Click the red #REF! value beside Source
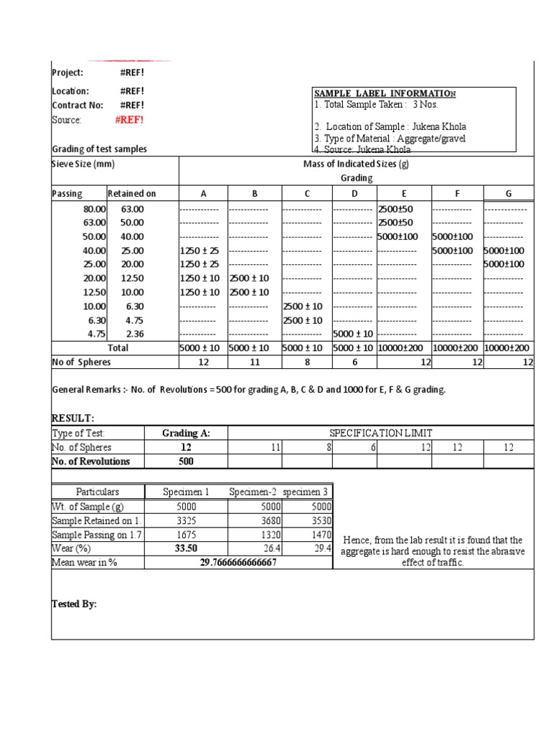(x=129, y=120)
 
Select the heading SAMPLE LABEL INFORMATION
(x=385, y=94)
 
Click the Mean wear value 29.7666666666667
(x=238, y=563)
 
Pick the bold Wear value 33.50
(x=185, y=548)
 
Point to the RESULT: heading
(x=73, y=418)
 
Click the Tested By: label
(x=74, y=604)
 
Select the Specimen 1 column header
(x=186, y=492)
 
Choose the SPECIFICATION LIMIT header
(x=381, y=433)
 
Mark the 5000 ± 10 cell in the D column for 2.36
(x=353, y=334)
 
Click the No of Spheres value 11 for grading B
(x=253, y=362)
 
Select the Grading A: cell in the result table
(x=185, y=433)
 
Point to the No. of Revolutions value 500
(x=185, y=461)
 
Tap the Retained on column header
(x=131, y=193)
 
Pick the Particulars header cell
(x=98, y=492)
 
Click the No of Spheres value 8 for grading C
(x=306, y=362)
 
